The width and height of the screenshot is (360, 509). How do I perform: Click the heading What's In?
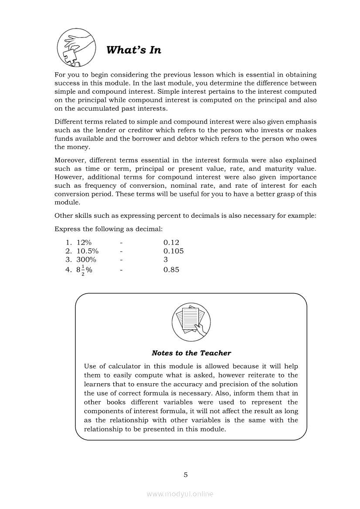[134, 50]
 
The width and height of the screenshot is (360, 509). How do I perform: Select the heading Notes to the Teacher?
[191, 353]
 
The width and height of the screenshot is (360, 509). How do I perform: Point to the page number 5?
[186, 475]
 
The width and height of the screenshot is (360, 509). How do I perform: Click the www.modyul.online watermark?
[180, 494]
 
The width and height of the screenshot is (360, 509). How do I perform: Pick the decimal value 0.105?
[173, 251]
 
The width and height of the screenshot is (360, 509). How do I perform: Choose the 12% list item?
[84, 243]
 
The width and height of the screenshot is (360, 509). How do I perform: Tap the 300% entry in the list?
[86, 260]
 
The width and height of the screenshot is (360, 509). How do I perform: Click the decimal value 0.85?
[171, 270]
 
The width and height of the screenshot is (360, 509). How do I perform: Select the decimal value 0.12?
[171, 243]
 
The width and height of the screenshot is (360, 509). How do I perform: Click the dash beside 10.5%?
[122, 251]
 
